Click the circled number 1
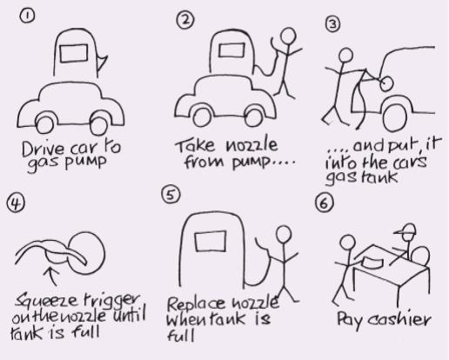pyautogui.click(x=27, y=16)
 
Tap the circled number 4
pyautogui.click(x=16, y=203)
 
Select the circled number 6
pyautogui.click(x=324, y=203)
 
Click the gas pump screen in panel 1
pyautogui.click(x=74, y=53)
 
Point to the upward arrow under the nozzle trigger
pyautogui.click(x=52, y=276)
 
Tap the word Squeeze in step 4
pyautogui.click(x=46, y=301)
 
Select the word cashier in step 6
pyautogui.click(x=399, y=320)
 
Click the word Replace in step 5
pyautogui.click(x=196, y=303)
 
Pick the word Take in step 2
pyautogui.click(x=195, y=145)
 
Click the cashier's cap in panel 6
pyautogui.click(x=405, y=230)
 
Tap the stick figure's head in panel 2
pyautogui.click(x=289, y=36)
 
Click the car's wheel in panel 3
pyautogui.click(x=395, y=117)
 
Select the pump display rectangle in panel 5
pyautogui.click(x=211, y=241)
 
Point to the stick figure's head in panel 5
pyautogui.click(x=284, y=235)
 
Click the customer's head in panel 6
pyautogui.click(x=347, y=243)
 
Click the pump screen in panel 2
pyautogui.click(x=231, y=50)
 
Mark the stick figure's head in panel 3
pyautogui.click(x=345, y=56)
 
